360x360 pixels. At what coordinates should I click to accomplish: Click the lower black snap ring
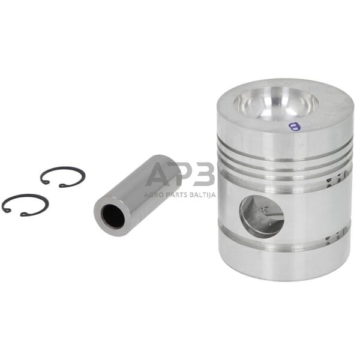click(x=25, y=197)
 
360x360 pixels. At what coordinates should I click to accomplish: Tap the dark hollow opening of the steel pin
click(x=113, y=217)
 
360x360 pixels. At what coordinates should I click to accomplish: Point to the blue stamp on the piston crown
click(x=293, y=127)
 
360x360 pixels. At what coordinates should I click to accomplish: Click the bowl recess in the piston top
click(x=277, y=104)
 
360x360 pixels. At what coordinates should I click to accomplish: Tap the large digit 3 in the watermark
click(x=204, y=175)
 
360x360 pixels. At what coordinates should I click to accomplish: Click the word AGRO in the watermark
click(x=154, y=195)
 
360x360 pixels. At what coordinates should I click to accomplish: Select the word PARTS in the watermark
click(x=178, y=195)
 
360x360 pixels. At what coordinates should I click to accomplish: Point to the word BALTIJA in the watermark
click(x=203, y=195)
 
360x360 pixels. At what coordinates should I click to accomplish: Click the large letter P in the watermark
click(x=182, y=175)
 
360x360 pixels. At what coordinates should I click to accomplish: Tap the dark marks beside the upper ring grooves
click(x=338, y=174)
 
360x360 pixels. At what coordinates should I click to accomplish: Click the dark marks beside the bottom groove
click(x=336, y=239)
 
